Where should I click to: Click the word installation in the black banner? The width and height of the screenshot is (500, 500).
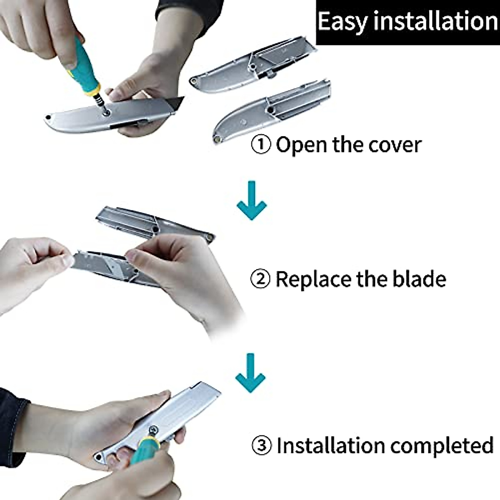[435, 21]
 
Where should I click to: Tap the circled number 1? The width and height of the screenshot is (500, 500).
[261, 145]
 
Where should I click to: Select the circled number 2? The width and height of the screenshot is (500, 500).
[260, 279]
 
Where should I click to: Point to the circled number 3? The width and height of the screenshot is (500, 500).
[262, 445]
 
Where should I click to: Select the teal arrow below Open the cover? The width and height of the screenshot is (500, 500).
[251, 200]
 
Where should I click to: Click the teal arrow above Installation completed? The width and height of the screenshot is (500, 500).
[250, 373]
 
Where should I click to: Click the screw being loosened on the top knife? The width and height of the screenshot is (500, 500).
[106, 112]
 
